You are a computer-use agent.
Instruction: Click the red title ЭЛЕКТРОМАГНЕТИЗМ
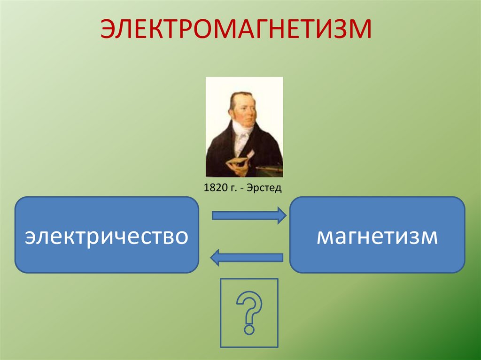(x=237, y=29)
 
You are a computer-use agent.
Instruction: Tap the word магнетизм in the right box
(x=377, y=236)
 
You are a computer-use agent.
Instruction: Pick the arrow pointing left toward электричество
(x=247, y=257)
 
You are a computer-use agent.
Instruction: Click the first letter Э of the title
(x=109, y=29)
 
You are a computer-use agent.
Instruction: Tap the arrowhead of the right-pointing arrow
(x=281, y=215)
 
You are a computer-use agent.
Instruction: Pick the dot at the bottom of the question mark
(x=249, y=330)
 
